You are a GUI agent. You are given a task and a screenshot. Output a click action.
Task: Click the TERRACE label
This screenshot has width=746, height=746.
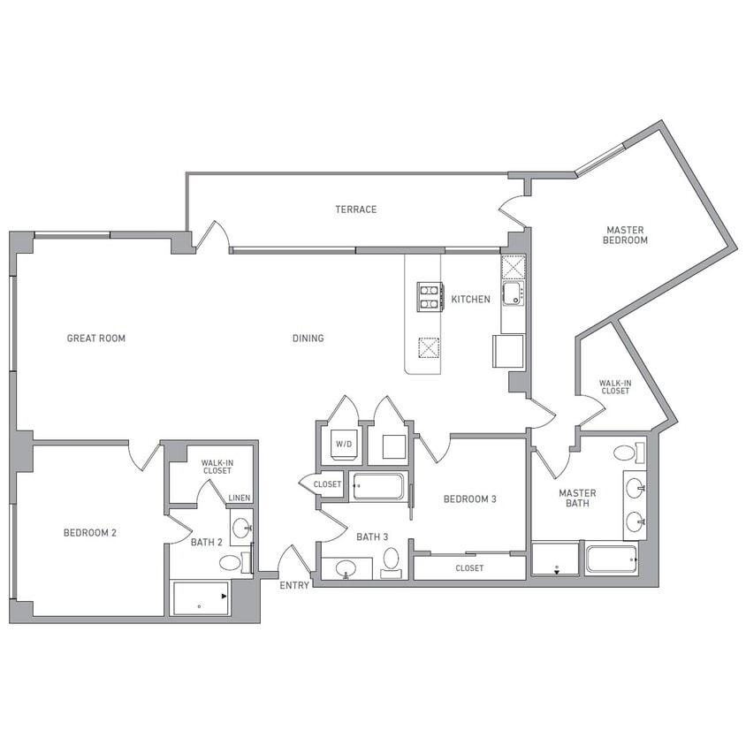coord(355,209)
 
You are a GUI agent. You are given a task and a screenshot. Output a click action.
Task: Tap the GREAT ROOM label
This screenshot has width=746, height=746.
coord(96,338)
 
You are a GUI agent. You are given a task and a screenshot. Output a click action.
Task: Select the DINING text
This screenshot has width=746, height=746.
coord(308,338)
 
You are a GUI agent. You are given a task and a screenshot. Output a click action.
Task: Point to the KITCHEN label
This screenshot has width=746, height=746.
coord(470,300)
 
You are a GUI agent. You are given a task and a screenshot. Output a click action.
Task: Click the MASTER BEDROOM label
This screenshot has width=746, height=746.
coord(626,234)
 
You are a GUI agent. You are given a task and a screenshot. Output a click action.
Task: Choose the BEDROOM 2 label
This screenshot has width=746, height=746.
coord(90,532)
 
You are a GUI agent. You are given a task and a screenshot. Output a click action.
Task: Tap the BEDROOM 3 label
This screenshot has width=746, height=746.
coord(469,499)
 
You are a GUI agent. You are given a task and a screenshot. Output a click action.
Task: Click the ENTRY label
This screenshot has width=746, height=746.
coord(294,585)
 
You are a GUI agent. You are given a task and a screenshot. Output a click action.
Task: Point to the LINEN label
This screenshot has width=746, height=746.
coord(240,499)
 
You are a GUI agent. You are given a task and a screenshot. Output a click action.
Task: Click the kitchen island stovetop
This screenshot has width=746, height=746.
coord(430,296)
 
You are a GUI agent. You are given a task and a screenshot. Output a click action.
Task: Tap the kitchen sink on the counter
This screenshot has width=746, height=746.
coord(512,293)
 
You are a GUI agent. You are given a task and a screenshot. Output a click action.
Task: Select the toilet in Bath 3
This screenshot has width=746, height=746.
coord(391,560)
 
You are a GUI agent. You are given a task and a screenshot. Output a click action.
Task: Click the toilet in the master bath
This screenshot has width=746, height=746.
coord(627,453)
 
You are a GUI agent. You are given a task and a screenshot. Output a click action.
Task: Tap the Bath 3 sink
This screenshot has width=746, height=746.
coord(346,567)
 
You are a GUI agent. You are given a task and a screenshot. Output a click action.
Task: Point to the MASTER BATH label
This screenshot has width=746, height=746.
coord(577,499)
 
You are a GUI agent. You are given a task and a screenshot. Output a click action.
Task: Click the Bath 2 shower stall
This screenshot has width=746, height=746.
coord(200,598)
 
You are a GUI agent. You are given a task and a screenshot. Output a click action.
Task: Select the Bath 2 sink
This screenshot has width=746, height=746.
coord(240,529)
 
